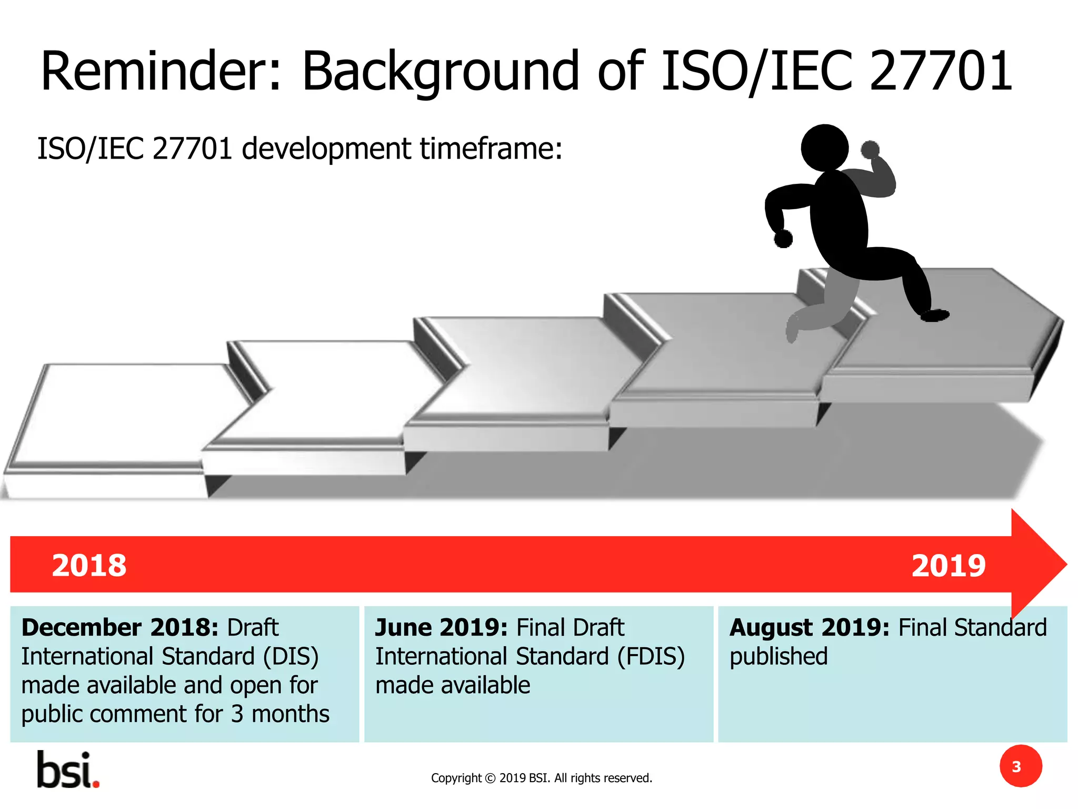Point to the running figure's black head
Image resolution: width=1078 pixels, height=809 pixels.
824,147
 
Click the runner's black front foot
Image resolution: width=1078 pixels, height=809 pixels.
934,315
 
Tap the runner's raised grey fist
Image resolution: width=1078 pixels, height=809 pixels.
870,150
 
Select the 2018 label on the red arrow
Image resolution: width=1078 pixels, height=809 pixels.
89,566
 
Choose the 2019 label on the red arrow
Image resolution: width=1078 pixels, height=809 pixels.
948,566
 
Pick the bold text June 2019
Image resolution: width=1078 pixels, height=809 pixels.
441,628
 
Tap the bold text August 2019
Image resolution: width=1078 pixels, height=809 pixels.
809,628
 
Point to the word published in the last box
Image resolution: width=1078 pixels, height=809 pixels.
778,657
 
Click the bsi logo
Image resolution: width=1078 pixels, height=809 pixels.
68,770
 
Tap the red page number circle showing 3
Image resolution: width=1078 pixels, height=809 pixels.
1020,766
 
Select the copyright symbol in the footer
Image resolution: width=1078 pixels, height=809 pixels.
490,778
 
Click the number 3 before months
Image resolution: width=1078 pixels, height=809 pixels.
237,714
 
